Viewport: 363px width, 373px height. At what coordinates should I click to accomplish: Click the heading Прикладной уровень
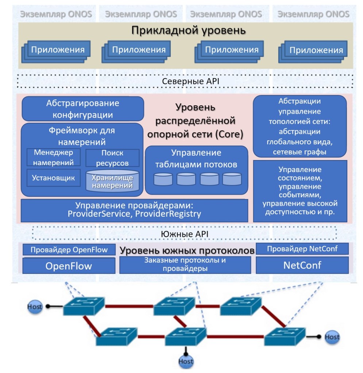click(188, 31)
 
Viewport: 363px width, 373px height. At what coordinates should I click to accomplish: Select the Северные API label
click(185, 81)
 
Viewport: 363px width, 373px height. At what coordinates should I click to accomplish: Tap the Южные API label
click(185, 234)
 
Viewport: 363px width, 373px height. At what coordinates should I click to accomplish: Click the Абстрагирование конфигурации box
click(83, 109)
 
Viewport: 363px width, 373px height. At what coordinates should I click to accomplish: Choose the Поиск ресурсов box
click(112, 158)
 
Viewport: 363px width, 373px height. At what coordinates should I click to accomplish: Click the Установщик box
click(53, 178)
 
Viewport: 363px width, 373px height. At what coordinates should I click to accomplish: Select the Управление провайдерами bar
click(134, 210)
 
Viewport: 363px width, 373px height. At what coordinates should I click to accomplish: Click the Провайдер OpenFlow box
click(69, 250)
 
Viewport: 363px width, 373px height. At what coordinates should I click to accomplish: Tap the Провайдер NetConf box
click(302, 249)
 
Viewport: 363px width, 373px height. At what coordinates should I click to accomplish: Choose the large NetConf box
click(302, 265)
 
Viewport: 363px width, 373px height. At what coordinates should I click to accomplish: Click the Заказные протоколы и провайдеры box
click(185, 265)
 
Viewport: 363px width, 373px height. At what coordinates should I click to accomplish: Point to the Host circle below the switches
click(186, 361)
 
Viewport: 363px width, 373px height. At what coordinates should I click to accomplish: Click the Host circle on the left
click(35, 307)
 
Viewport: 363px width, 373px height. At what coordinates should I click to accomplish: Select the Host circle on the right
click(332, 337)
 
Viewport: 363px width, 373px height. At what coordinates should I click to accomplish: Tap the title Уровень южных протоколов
click(187, 251)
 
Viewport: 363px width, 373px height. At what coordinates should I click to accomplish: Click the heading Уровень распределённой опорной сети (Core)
click(195, 121)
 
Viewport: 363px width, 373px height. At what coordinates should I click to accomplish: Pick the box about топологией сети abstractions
click(300, 126)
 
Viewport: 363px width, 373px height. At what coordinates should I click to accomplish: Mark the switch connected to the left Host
click(84, 306)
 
